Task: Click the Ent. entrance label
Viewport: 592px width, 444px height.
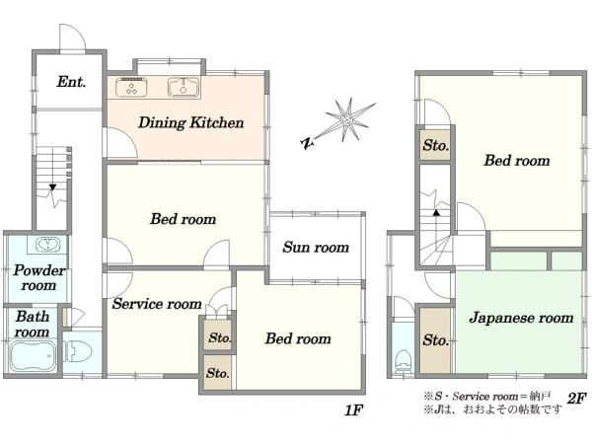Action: [x=71, y=82]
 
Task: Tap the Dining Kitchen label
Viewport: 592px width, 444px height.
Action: [x=191, y=122]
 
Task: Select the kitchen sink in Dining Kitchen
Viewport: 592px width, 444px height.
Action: [x=184, y=87]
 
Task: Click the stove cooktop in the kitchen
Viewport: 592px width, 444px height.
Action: [x=131, y=87]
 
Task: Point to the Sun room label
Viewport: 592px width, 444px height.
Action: [x=316, y=248]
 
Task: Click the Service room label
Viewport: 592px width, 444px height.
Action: [x=157, y=304]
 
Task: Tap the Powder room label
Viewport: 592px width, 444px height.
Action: [x=38, y=278]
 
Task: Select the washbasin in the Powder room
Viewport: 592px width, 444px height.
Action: [x=48, y=245]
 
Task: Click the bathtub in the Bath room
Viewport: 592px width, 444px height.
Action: [x=33, y=355]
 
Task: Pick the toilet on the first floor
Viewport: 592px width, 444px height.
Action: [x=79, y=351]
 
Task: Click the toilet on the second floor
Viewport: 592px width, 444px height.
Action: [x=403, y=361]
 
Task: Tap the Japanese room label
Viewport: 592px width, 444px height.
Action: [x=521, y=318]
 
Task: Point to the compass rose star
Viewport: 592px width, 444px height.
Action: [x=346, y=120]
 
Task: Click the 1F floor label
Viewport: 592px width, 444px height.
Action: [x=353, y=410]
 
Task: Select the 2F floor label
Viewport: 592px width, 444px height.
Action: [x=576, y=398]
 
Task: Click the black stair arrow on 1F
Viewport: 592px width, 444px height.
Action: [x=52, y=186]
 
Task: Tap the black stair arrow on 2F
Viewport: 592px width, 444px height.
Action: [x=436, y=212]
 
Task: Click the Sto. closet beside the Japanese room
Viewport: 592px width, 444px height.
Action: [x=435, y=340]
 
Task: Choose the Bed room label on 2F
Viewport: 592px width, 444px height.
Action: [x=517, y=161]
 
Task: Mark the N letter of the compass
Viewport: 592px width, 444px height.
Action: [x=307, y=143]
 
